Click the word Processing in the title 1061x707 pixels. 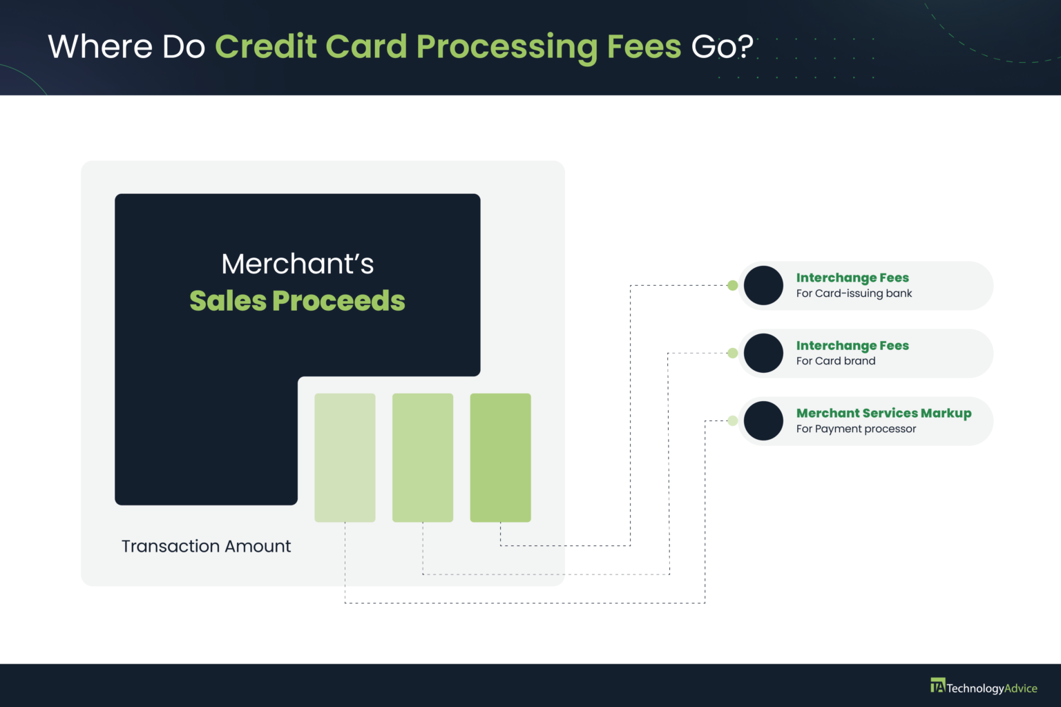[x=506, y=47]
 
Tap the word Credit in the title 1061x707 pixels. [x=265, y=46]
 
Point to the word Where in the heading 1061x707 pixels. [x=100, y=47]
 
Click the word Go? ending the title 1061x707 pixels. [x=722, y=47]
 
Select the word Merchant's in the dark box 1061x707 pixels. [x=297, y=264]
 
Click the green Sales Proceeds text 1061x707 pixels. [x=297, y=301]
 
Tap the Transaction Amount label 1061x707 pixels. [x=206, y=546]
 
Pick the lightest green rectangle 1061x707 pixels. [x=345, y=457]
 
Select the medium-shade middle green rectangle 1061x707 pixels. [x=423, y=457]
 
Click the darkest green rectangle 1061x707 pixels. [x=500, y=457]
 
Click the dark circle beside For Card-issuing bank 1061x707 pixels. [x=763, y=285]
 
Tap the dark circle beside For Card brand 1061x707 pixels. [x=763, y=353]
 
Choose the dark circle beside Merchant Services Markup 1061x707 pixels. [x=763, y=420]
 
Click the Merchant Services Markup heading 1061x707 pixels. [x=883, y=413]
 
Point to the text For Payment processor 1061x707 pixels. [x=856, y=429]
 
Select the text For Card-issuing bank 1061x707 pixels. [x=854, y=293]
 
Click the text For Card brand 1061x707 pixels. [x=836, y=361]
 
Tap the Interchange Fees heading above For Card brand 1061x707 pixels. [x=852, y=345]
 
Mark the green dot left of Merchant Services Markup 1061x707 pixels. [x=732, y=420]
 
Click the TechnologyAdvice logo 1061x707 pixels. [x=984, y=687]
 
